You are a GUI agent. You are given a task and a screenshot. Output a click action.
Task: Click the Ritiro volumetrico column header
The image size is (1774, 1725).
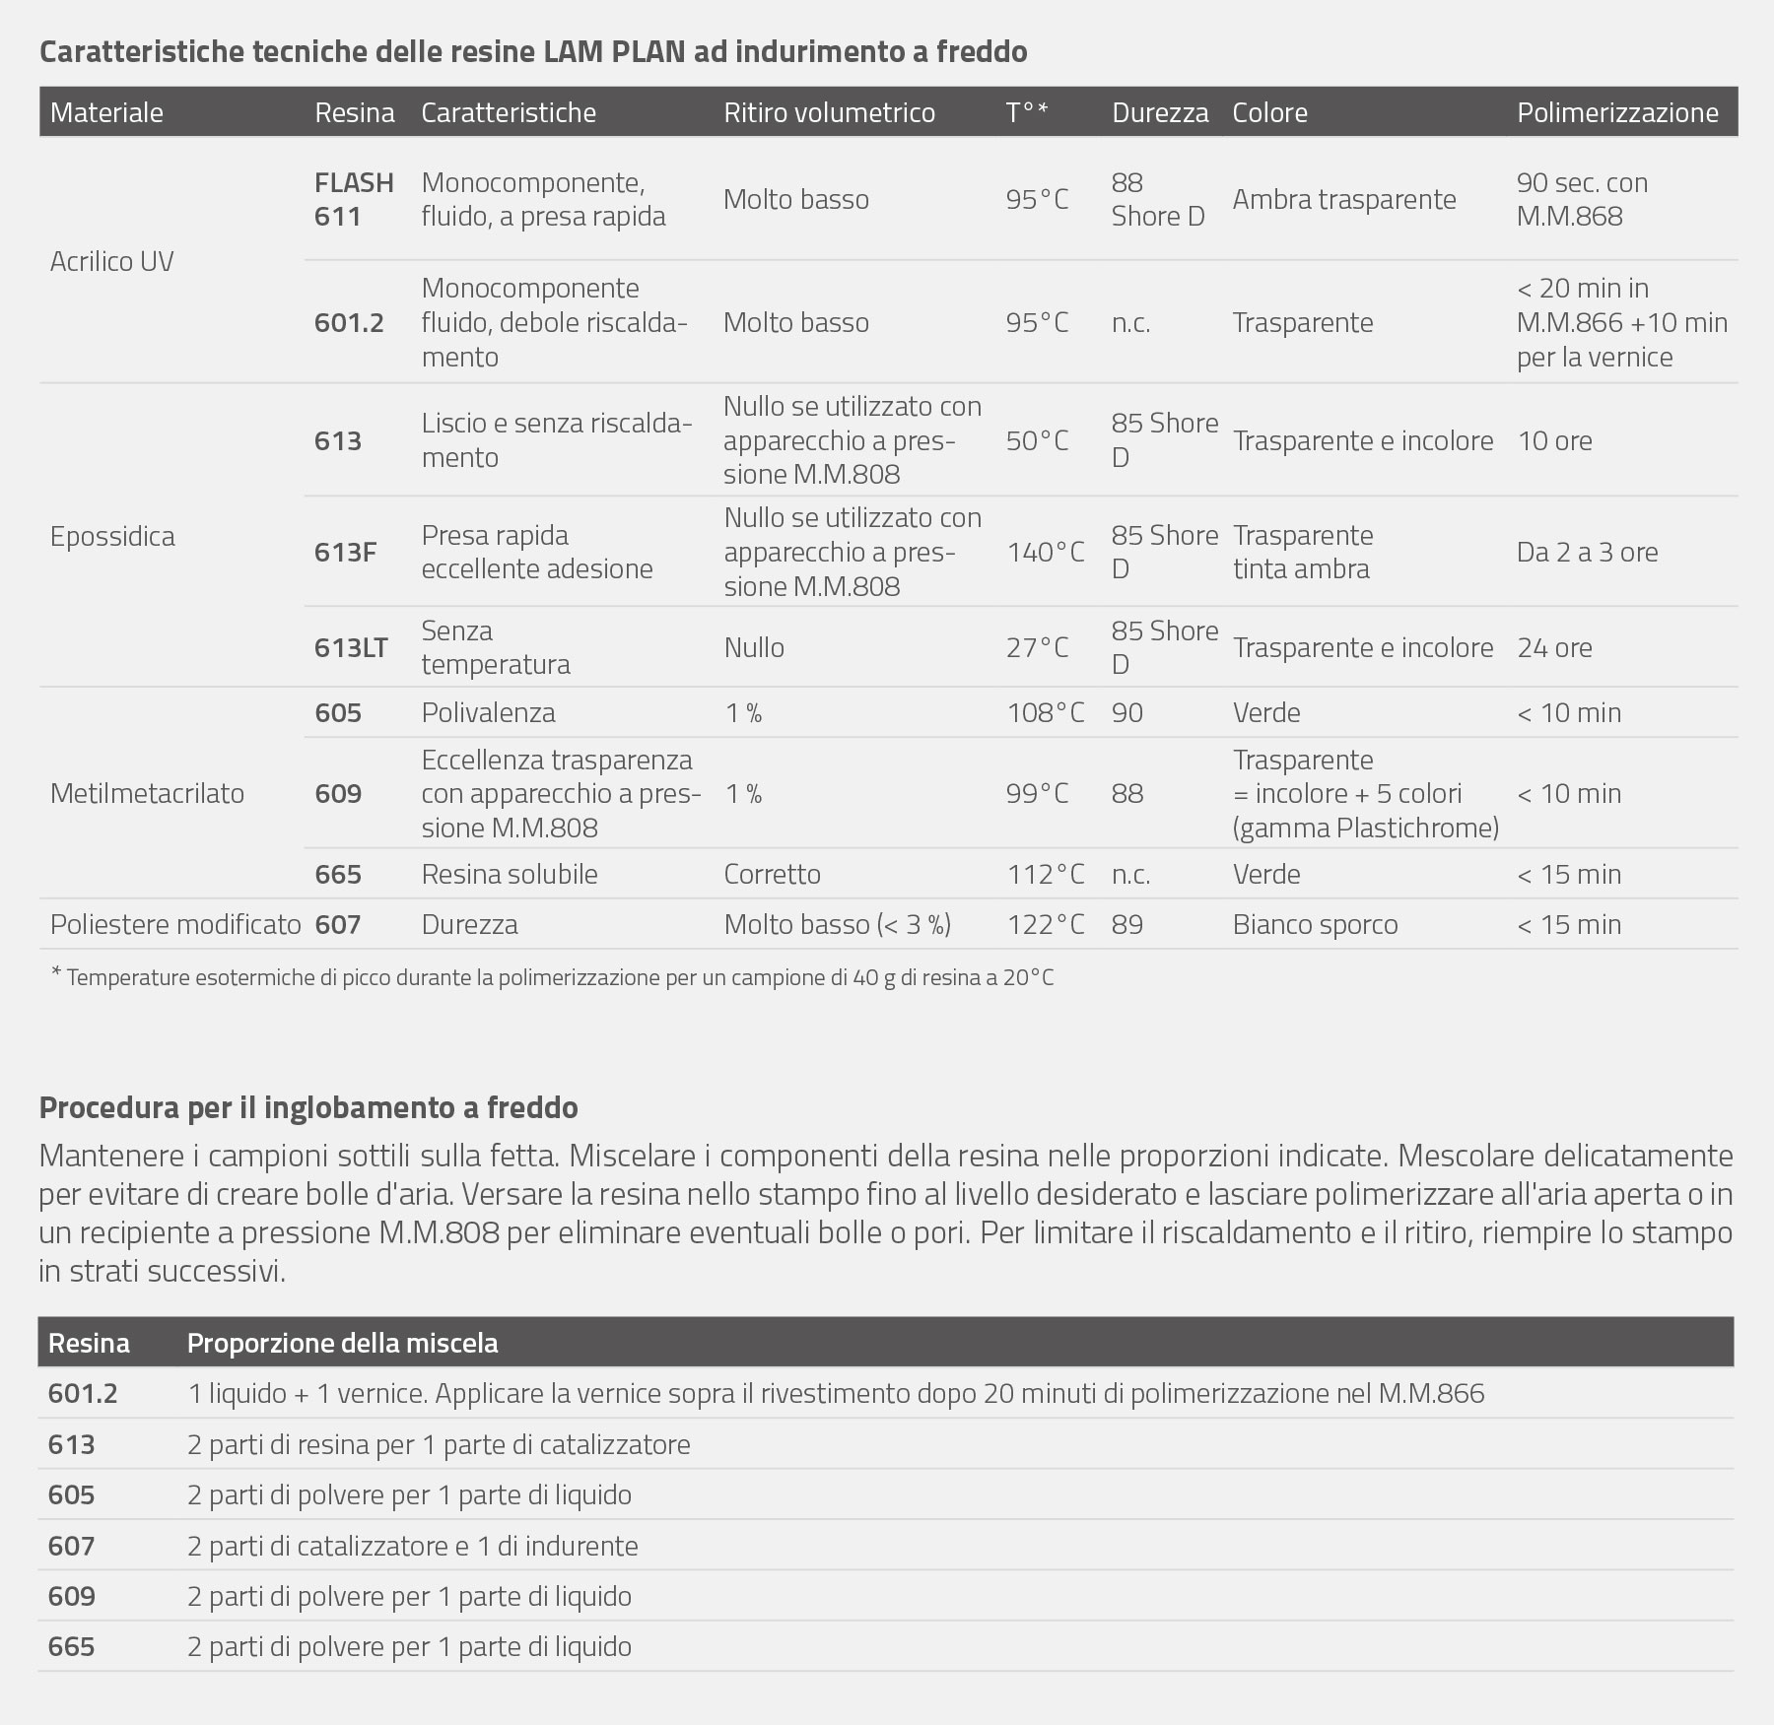[829, 112]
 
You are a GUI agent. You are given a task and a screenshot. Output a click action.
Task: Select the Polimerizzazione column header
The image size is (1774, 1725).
[1617, 112]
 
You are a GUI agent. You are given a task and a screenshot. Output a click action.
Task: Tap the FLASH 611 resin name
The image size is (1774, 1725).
[354, 199]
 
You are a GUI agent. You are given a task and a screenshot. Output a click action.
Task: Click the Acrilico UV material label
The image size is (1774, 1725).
[111, 261]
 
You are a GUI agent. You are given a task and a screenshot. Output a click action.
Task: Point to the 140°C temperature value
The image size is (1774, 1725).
[1045, 552]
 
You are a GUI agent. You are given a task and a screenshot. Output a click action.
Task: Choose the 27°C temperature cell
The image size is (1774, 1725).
[1037, 647]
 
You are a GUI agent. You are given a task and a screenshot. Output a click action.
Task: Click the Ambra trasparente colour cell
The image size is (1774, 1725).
[1343, 199]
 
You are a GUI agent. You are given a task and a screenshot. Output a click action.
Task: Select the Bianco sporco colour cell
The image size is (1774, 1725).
[1315, 924]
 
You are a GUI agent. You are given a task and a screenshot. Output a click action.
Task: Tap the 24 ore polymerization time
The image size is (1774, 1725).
[1554, 647]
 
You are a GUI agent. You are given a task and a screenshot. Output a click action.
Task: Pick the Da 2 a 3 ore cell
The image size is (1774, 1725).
[1587, 552]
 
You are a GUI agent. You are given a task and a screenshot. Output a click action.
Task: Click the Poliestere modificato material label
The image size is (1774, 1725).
[175, 924]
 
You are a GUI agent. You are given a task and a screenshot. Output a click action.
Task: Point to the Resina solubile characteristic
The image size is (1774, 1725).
[510, 874]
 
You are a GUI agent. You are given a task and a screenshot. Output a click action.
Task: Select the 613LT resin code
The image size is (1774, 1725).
[351, 647]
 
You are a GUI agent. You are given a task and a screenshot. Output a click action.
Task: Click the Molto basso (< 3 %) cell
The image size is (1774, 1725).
[837, 924]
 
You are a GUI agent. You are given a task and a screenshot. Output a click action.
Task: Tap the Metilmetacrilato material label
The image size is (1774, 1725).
[147, 793]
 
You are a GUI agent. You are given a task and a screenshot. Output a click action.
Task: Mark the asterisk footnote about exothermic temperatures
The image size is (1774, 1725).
[552, 978]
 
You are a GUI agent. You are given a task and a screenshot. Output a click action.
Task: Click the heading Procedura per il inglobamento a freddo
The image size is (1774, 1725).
[308, 1107]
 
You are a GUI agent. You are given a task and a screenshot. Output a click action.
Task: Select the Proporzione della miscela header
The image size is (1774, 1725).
[342, 1343]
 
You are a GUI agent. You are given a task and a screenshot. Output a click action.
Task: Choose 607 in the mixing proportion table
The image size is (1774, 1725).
[71, 1546]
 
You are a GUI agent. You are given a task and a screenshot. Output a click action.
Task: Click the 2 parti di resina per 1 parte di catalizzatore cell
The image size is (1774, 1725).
[439, 1444]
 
